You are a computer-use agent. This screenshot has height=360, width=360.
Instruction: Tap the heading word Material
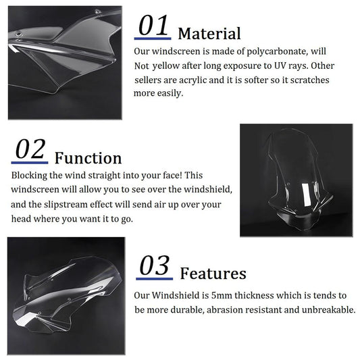(x=209, y=33)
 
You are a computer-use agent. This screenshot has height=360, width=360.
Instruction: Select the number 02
(x=30, y=150)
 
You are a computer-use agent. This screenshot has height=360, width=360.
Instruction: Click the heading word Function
(x=88, y=158)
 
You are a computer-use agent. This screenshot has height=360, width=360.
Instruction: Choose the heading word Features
(x=213, y=274)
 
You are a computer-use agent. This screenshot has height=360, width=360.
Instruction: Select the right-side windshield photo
(x=295, y=180)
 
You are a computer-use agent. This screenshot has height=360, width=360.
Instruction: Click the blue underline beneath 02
(x=30, y=163)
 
